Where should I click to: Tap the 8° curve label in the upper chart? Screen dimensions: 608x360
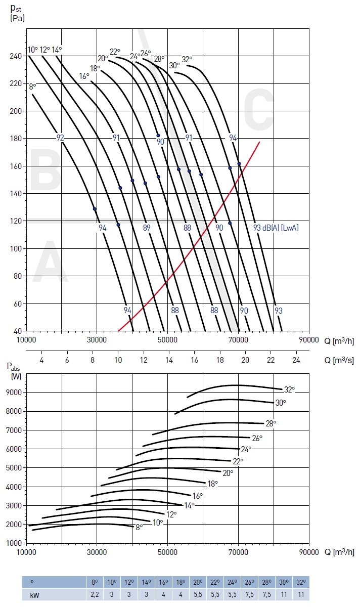[x=32, y=86]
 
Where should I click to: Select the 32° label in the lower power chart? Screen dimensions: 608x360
[x=289, y=389]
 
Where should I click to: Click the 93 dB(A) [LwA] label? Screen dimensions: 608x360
[x=276, y=228]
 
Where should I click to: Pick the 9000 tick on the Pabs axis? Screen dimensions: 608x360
[x=14, y=393]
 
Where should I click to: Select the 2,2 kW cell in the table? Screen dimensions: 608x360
[x=95, y=594]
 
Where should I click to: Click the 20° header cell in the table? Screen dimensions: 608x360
[x=198, y=582]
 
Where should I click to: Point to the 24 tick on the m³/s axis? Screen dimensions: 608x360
[x=296, y=360]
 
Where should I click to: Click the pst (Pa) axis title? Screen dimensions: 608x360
[x=17, y=12]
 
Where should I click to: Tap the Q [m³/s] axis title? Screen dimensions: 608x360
[x=339, y=360]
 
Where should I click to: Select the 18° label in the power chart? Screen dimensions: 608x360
[x=213, y=484]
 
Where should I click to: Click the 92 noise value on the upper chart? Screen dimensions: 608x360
[x=60, y=138]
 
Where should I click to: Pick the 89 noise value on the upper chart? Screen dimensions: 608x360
[x=147, y=228]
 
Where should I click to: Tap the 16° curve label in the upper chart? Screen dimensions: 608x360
[x=84, y=76]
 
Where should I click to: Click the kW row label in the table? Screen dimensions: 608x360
[x=34, y=594]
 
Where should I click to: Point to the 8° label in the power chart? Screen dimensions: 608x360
[x=139, y=527]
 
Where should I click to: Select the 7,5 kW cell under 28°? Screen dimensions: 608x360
[x=267, y=594]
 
